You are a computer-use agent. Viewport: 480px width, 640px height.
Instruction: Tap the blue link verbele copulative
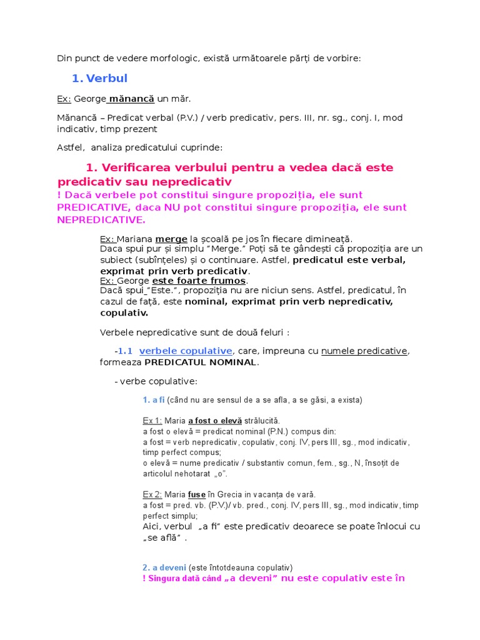coord(186,351)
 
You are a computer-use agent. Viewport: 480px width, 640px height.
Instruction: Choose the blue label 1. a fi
coord(153,400)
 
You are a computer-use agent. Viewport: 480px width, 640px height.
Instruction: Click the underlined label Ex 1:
coord(152,421)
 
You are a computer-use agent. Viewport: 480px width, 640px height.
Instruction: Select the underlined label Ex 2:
coord(152,495)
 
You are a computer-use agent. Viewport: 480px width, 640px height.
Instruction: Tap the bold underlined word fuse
coord(197,495)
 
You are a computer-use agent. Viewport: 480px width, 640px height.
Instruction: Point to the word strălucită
coord(262,421)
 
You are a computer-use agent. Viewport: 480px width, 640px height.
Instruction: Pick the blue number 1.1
coord(125,351)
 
